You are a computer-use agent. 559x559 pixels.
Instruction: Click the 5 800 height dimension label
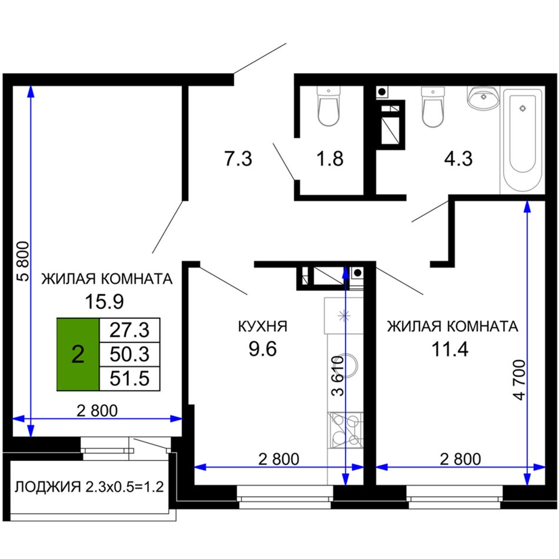pos(24,261)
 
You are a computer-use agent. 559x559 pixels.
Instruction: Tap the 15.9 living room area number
pos(104,302)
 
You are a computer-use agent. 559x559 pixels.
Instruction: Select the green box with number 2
pos(78,354)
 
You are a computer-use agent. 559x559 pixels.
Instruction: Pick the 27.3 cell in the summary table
pos(129,330)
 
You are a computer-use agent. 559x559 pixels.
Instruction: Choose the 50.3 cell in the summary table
pos(129,354)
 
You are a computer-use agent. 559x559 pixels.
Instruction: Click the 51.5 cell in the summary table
pos(129,378)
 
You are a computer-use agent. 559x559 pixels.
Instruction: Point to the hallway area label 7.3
pos(238,159)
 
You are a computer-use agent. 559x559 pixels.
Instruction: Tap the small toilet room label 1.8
pos(330,159)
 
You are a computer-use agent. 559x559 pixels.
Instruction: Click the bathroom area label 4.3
pos(458,159)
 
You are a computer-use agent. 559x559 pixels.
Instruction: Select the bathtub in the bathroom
pos(523,140)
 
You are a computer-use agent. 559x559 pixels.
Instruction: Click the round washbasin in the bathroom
pos(483,97)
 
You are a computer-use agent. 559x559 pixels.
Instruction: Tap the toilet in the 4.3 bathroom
pos(433,107)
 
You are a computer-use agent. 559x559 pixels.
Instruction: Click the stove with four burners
pos(345,430)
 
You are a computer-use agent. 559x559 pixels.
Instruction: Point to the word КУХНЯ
pos(262,327)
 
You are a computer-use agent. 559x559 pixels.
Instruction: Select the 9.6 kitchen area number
pos(262,349)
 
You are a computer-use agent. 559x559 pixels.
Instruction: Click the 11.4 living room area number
pos(450,349)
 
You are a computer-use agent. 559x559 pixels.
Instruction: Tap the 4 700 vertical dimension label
pos(520,380)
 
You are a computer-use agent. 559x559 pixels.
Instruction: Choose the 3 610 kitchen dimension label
pos(338,376)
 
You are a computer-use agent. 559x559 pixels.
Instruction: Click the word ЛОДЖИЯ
pos(48,487)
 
